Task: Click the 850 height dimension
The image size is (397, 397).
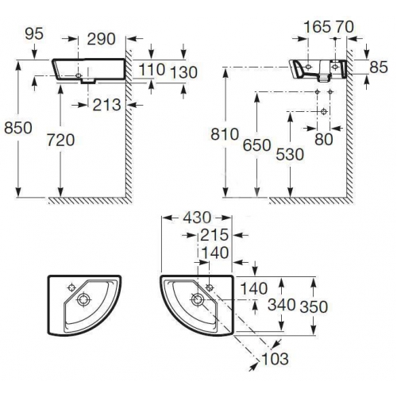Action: [x=18, y=128]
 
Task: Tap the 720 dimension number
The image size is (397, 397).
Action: [x=60, y=140]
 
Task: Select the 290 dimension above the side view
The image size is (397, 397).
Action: [x=102, y=39]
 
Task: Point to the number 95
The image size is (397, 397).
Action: [x=34, y=34]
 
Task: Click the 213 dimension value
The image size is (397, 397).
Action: [x=107, y=105]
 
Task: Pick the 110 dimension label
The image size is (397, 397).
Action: [x=152, y=70]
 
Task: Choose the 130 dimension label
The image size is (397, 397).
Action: [x=183, y=72]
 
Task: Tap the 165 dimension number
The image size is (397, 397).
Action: [x=318, y=27]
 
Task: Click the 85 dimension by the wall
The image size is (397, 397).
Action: [x=379, y=67]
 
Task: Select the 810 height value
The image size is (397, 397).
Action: [x=225, y=134]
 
